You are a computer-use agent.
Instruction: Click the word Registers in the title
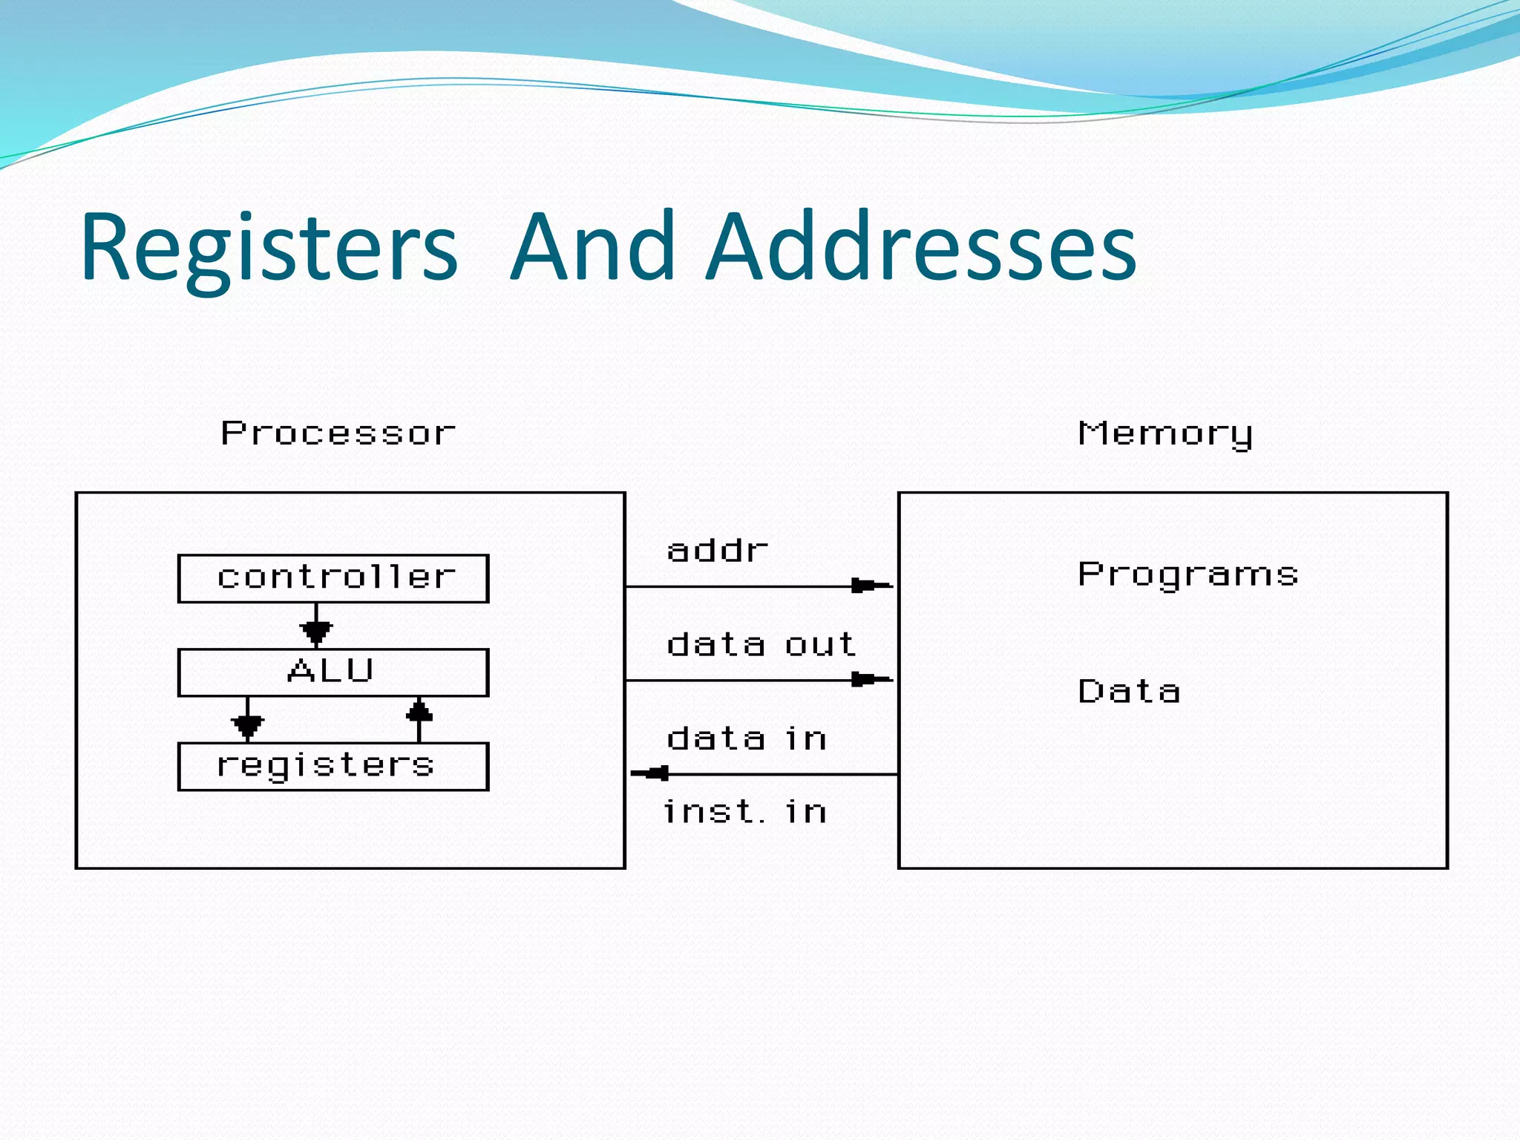coord(269,249)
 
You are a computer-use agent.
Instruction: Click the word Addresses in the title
coord(921,249)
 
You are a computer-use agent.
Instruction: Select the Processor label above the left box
coord(338,433)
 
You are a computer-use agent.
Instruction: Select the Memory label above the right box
coord(1164,433)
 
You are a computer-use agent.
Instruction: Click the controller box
coord(333,578)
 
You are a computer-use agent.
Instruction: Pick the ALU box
coord(333,672)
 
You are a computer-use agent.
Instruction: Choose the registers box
coord(333,767)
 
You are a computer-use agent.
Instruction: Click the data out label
coord(761,645)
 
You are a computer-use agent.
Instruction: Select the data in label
coord(746,739)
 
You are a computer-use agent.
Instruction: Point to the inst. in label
coord(744,812)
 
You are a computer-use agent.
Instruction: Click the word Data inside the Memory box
coord(1128,692)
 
